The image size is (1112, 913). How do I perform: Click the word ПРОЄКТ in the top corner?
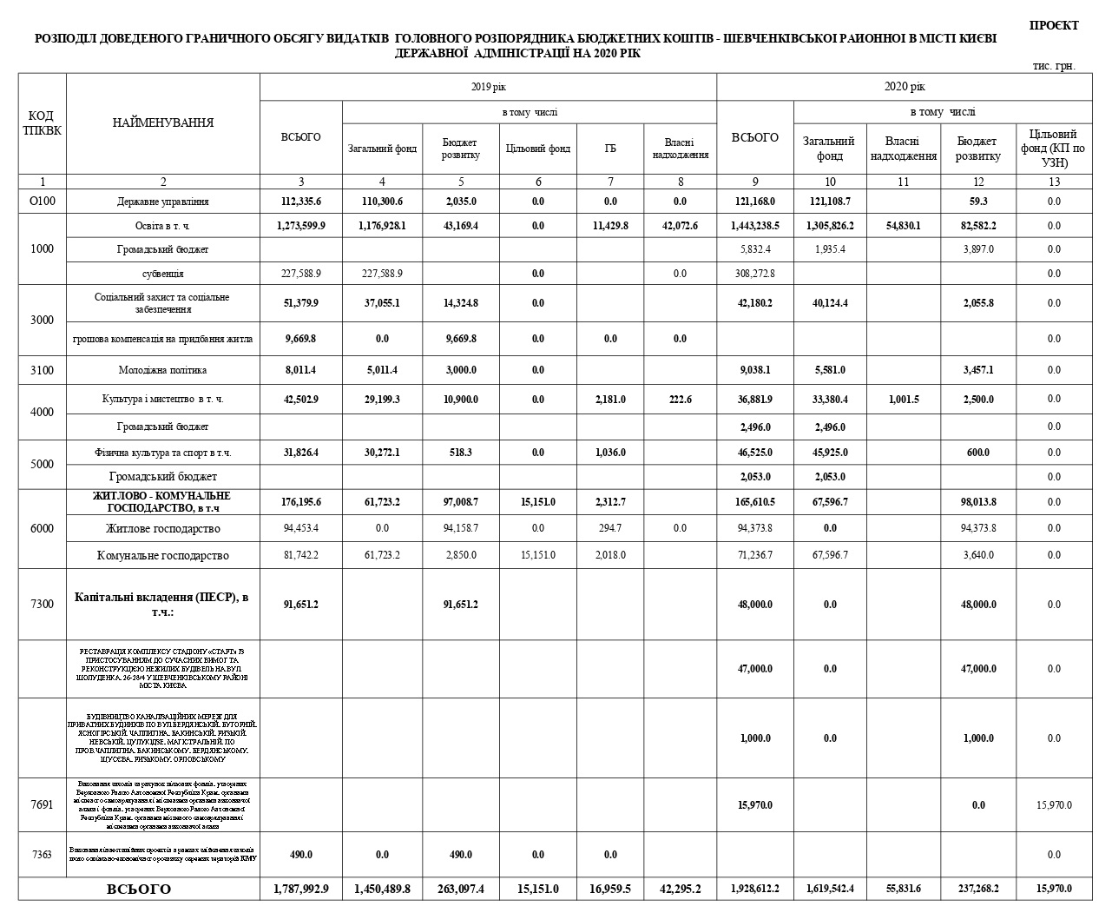click(x=1054, y=25)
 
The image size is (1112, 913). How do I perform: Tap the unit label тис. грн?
click(x=1054, y=66)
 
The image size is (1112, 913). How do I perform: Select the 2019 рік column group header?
click(x=487, y=87)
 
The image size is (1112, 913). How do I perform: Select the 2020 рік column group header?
click(x=905, y=87)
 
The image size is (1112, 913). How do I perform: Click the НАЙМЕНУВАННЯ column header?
click(x=163, y=122)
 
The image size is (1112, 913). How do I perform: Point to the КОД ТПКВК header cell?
click(x=42, y=122)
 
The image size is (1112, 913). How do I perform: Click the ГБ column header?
click(x=610, y=149)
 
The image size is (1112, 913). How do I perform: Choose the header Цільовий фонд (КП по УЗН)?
click(x=1054, y=148)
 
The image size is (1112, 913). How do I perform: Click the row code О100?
click(x=42, y=202)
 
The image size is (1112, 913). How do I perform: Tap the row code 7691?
click(x=42, y=804)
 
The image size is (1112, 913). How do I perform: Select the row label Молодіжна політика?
click(x=163, y=370)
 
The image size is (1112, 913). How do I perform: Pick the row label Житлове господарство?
click(x=163, y=528)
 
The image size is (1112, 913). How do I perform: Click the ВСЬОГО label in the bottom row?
click(x=139, y=889)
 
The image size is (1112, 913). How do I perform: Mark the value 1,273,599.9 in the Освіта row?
click(x=300, y=226)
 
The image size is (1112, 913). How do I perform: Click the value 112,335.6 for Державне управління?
click(x=300, y=202)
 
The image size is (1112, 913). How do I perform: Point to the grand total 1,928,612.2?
click(x=754, y=889)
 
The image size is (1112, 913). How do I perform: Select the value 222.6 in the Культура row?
click(x=680, y=399)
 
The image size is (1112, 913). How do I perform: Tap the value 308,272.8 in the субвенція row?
click(x=754, y=274)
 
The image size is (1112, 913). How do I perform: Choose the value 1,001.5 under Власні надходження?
click(x=903, y=399)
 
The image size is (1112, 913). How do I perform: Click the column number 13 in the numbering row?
click(x=1054, y=182)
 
